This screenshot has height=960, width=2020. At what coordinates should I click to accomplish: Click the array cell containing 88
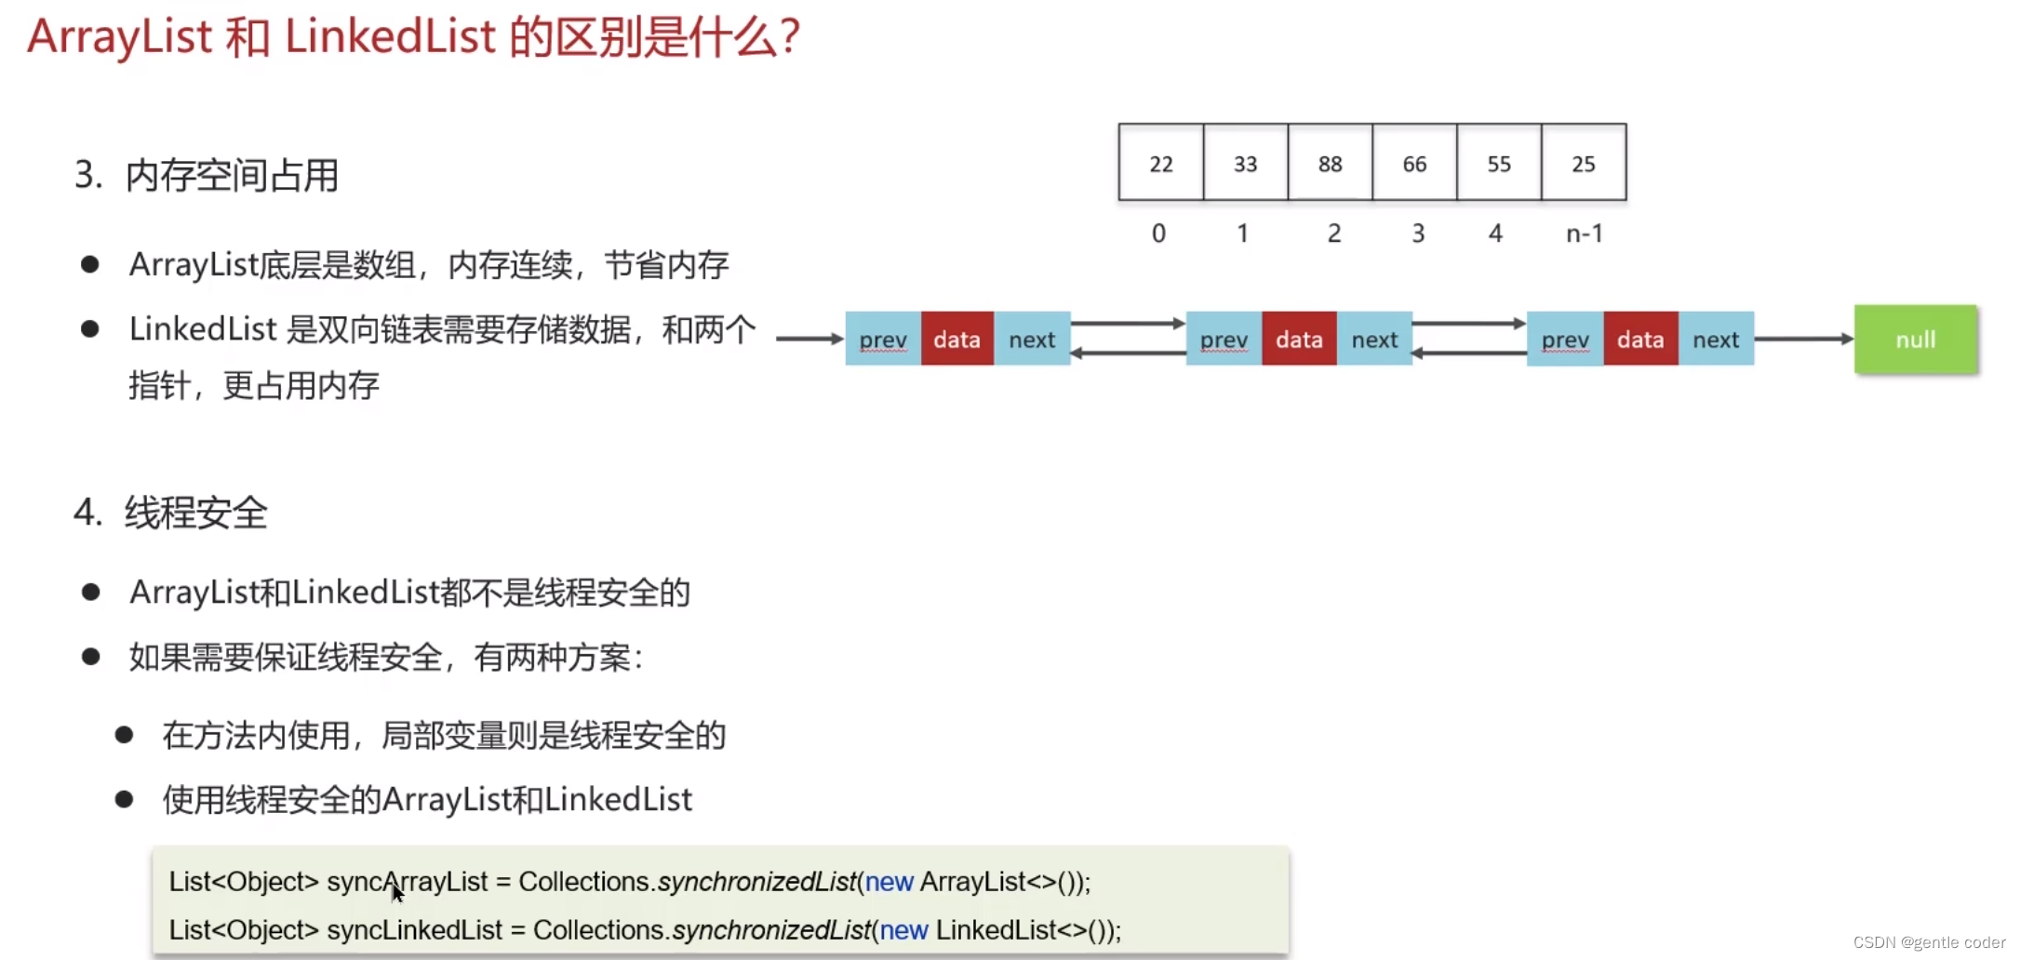point(1330,163)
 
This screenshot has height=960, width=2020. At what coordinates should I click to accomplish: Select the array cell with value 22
point(1160,163)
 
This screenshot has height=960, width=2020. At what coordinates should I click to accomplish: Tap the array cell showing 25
point(1584,163)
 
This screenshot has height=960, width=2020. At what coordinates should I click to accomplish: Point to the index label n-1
point(1584,233)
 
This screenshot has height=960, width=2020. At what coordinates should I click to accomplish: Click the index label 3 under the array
point(1418,233)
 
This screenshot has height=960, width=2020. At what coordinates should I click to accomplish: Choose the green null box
point(1915,340)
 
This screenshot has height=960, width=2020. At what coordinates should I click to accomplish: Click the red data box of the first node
point(956,340)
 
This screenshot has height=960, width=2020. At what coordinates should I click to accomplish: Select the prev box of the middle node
point(1224,340)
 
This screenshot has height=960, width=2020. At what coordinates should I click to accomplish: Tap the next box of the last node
point(1716,340)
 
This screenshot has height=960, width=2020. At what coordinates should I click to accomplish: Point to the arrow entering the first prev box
point(809,339)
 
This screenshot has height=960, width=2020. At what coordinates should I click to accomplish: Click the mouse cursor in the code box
point(397,893)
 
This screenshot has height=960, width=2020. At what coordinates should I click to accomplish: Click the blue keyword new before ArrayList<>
point(889,882)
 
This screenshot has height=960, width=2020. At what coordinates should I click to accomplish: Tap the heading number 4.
point(87,513)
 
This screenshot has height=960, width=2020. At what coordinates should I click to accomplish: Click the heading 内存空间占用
point(232,176)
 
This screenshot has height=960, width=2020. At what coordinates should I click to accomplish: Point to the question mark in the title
point(790,37)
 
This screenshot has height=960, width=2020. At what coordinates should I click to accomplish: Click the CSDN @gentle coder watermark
point(1929,942)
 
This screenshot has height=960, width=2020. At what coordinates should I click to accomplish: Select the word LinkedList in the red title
point(390,37)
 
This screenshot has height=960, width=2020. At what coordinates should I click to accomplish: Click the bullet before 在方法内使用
point(124,735)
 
